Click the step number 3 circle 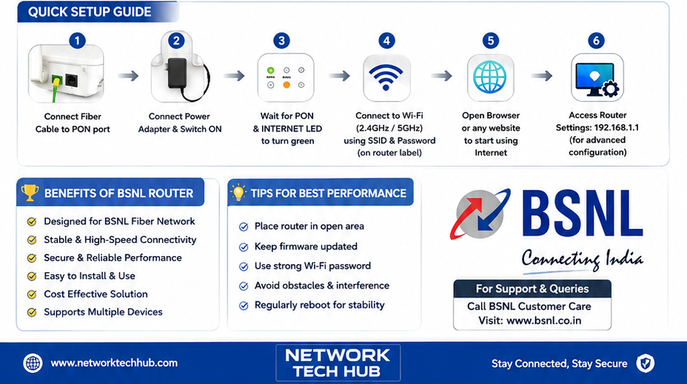pyautogui.click(x=281, y=41)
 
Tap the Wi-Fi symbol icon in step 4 pyautogui.click(x=386, y=78)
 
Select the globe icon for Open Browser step pyautogui.click(x=490, y=77)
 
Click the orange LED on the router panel pyautogui.click(x=286, y=85)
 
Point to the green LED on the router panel pyautogui.click(x=271, y=70)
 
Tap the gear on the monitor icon pyautogui.click(x=610, y=89)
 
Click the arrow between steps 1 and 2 pyautogui.click(x=128, y=76)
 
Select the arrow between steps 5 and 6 pyautogui.click(x=542, y=76)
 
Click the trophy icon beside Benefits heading pyautogui.click(x=30, y=192)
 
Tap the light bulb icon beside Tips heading pyautogui.click(x=238, y=192)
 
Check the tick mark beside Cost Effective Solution pyautogui.click(x=31, y=294)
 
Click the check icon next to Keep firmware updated pyautogui.click(x=244, y=247)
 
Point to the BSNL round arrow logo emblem pyautogui.click(x=480, y=214)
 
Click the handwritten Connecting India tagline pyautogui.click(x=583, y=259)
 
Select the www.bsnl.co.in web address pyautogui.click(x=544, y=321)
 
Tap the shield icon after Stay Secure pyautogui.click(x=645, y=364)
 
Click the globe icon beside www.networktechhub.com pyautogui.click(x=33, y=364)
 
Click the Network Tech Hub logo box pyautogui.click(x=338, y=363)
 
